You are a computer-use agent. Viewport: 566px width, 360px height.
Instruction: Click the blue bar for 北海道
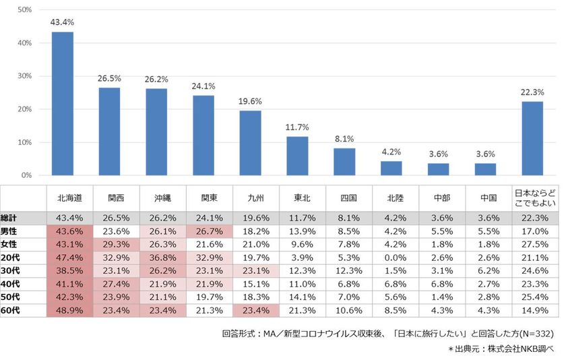[x=63, y=104]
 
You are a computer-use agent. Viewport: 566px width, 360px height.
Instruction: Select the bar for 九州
[x=250, y=143]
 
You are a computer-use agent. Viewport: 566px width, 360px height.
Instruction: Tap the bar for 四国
[x=344, y=162]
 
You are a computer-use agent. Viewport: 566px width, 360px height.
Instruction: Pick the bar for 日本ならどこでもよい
[x=532, y=138]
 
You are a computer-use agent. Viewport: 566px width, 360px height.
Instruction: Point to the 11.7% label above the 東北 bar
[x=297, y=127]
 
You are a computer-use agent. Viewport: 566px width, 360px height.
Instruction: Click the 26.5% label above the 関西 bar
[x=109, y=78]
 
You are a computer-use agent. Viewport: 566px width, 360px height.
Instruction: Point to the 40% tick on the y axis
[x=25, y=43]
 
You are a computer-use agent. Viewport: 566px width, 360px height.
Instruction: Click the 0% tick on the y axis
[x=26, y=175]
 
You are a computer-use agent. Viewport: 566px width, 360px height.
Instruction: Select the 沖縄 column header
[x=163, y=198]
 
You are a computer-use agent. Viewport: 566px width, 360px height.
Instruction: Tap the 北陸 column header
[x=396, y=198]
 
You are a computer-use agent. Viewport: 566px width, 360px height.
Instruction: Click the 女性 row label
[x=9, y=245]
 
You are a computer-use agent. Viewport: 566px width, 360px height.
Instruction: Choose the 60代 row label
[x=10, y=311]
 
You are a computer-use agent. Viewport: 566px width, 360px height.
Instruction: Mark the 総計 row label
[x=9, y=218]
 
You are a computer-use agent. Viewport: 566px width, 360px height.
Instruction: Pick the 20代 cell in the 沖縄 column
[x=163, y=258]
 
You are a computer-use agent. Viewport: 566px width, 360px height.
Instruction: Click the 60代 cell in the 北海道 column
[x=69, y=311]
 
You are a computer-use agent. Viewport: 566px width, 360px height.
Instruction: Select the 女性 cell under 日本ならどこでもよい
[x=535, y=245]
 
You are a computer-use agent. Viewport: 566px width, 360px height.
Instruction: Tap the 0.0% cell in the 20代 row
[x=396, y=258]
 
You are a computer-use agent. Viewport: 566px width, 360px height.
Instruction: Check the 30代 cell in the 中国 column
[x=489, y=271]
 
